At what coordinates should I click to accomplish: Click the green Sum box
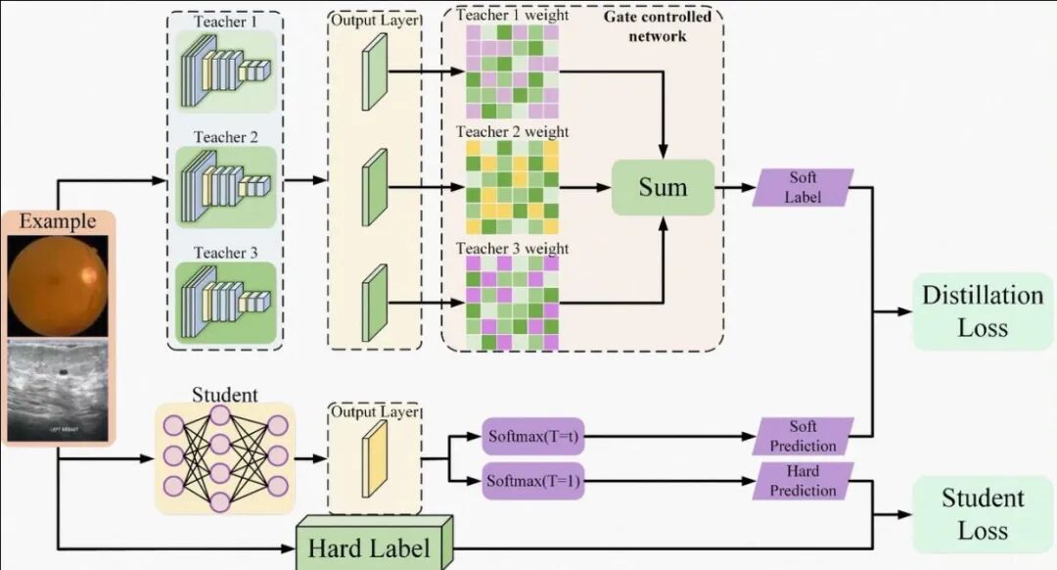coord(663,187)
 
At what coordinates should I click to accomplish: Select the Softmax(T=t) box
coord(532,436)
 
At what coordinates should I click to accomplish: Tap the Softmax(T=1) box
coord(532,481)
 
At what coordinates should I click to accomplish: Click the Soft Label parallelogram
coord(803,187)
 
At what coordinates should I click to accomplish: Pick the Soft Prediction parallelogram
coord(803,436)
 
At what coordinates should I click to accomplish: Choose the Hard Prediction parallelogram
coord(803,481)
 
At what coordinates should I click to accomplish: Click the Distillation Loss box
coord(983,311)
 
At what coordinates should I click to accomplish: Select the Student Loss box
coord(983,514)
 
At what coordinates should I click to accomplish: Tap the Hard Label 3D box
coord(375,544)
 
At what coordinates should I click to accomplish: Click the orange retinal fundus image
coord(58,285)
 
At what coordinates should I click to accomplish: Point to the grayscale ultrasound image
coord(58,390)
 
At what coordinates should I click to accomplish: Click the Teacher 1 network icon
coord(226,71)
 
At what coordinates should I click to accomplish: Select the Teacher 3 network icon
coord(226,303)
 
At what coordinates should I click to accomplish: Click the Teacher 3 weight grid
coord(512,304)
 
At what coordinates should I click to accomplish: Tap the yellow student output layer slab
coord(375,458)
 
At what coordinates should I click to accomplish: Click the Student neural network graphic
coord(225,458)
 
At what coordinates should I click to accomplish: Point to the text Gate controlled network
coord(658,26)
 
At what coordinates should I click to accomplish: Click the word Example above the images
coord(58,221)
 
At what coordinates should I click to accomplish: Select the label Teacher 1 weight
coord(512,15)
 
